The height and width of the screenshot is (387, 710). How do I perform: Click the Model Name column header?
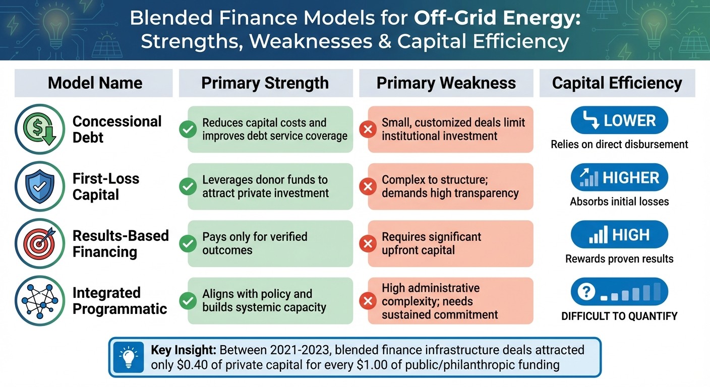point(95,83)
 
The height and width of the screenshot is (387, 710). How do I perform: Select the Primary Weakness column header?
point(446,83)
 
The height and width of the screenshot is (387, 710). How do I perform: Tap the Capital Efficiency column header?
point(617,83)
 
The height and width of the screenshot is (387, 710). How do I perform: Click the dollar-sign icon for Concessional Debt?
point(40,129)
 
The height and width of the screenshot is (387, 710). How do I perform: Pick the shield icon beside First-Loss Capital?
point(40,186)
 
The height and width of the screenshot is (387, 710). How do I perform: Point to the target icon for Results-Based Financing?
point(40,243)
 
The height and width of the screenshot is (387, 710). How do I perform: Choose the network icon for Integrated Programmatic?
point(40,301)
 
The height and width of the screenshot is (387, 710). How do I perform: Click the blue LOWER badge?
point(619,121)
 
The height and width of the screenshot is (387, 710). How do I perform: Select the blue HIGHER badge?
point(619,178)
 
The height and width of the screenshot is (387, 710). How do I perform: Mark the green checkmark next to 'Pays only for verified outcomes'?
point(188,244)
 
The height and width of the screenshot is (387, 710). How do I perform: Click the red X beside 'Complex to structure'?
point(368,187)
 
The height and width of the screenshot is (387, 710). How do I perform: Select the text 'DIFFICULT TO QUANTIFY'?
point(619,316)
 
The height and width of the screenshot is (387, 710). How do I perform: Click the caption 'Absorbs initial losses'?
point(619,202)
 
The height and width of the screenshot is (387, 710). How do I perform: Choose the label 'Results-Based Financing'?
point(120,243)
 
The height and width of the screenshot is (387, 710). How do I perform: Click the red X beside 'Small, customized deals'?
point(368,130)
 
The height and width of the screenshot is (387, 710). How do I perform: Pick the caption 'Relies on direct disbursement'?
point(619,145)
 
